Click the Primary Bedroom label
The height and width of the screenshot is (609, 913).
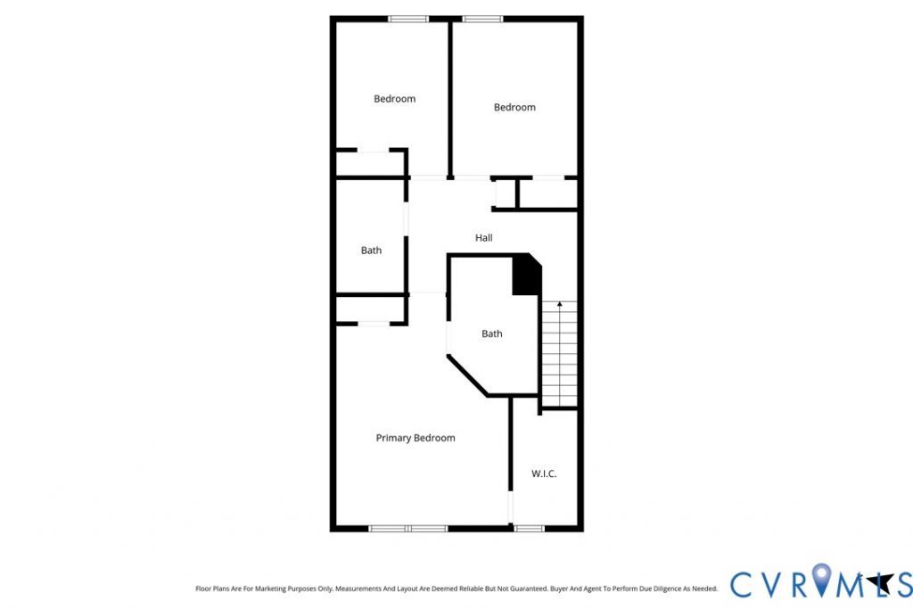coord(415,438)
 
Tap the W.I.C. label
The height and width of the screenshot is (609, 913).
coord(544,474)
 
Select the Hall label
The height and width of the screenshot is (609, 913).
coord(484,237)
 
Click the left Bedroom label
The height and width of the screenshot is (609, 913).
coord(395,99)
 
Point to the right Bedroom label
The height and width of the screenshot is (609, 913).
coord(514,107)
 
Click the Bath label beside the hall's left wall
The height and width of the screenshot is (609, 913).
coord(372,251)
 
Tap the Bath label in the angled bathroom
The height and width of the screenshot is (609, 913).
coord(492,333)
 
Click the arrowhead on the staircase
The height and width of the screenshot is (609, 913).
coord(560,304)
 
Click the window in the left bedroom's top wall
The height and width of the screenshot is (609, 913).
coord(408,20)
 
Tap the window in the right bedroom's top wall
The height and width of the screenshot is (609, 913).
coord(482,20)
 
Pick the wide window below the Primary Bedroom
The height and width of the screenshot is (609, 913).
coord(408,529)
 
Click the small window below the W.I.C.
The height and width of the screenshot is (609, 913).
coord(530,529)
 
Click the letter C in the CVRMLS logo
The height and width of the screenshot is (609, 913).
coord(743,585)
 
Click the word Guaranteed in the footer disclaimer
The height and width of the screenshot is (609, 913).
coord(530,588)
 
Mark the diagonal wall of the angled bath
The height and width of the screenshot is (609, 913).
coord(467,376)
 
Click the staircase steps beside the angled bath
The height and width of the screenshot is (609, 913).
coord(560,354)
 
